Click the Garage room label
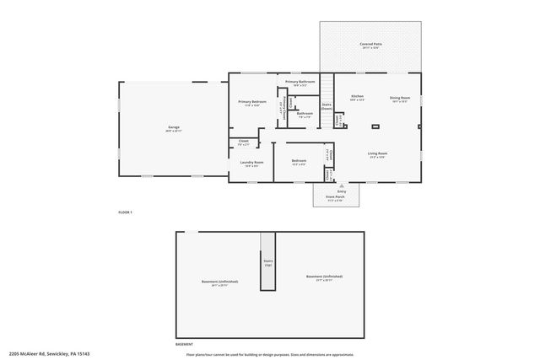click(x=174, y=129)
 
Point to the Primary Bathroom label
click(x=300, y=82)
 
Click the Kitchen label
click(x=357, y=98)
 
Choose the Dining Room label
click(x=399, y=98)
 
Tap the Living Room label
click(x=377, y=153)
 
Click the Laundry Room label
click(x=252, y=162)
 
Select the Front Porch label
click(x=335, y=197)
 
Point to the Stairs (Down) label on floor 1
click(x=327, y=108)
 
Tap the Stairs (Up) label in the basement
click(x=268, y=261)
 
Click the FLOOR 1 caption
click(x=125, y=212)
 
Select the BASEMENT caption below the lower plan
click(x=183, y=344)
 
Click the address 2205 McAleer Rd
click(x=56, y=354)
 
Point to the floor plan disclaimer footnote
click(x=270, y=354)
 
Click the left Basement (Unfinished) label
click(x=219, y=282)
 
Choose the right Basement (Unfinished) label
click(x=324, y=277)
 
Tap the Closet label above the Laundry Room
click(x=243, y=142)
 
